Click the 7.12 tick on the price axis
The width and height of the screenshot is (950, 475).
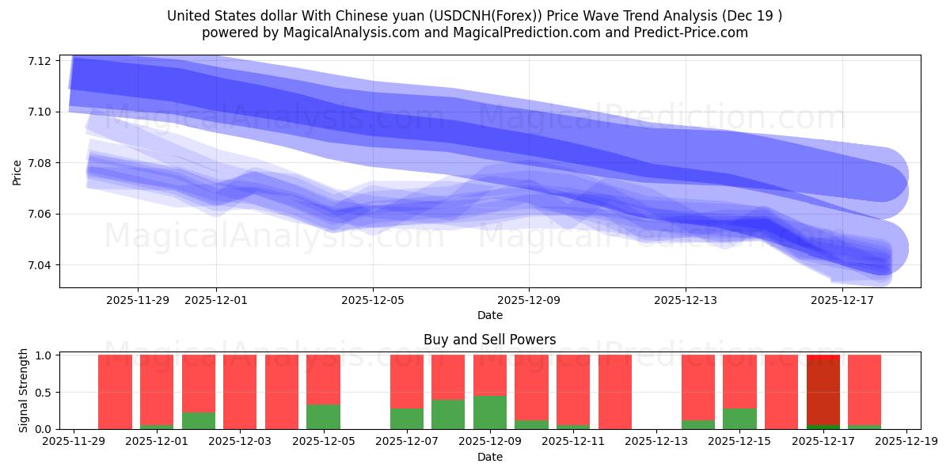click(x=40, y=61)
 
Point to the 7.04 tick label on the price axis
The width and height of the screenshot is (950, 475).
click(x=40, y=265)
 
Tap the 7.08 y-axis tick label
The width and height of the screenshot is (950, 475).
click(x=40, y=163)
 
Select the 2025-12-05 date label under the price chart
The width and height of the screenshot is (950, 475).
click(x=373, y=300)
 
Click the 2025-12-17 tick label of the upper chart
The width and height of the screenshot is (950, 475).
click(x=842, y=300)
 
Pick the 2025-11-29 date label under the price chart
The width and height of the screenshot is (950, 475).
click(x=138, y=300)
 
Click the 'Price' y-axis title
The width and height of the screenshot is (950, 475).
click(x=17, y=171)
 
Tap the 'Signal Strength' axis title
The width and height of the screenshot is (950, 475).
click(x=24, y=390)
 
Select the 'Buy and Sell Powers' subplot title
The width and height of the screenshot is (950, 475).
click(x=489, y=340)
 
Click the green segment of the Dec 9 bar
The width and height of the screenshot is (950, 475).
click(x=490, y=412)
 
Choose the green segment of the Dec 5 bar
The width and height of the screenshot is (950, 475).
click(x=323, y=417)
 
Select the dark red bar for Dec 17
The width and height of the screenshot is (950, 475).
click(x=823, y=392)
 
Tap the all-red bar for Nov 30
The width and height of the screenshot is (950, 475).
click(x=115, y=392)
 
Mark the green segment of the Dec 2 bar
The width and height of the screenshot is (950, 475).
click(x=199, y=421)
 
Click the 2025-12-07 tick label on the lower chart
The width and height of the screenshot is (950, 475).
click(x=407, y=442)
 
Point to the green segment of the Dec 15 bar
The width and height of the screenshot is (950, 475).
click(x=740, y=419)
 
